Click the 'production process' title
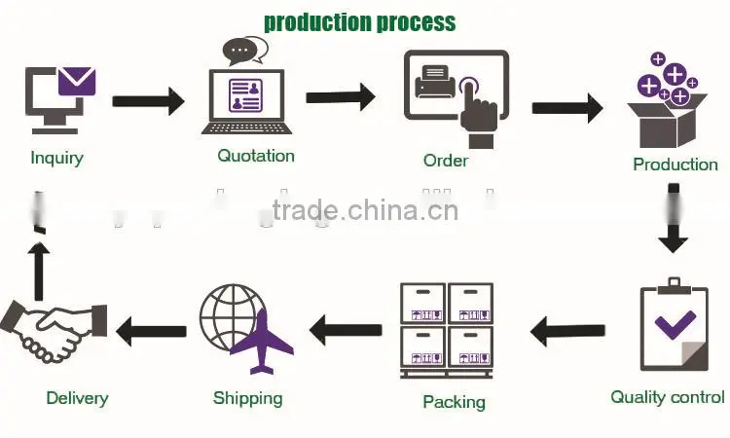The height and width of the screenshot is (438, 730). (x=359, y=22)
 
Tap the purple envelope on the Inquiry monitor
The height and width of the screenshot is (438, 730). (x=77, y=82)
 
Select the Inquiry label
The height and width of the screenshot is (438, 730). (x=56, y=159)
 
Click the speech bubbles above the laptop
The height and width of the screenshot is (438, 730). (x=245, y=51)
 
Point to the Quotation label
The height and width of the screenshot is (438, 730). (x=256, y=156)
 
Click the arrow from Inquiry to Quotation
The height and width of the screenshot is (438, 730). (x=149, y=101)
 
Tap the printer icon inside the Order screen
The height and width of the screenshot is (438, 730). (x=435, y=82)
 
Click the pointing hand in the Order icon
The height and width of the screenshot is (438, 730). (x=478, y=112)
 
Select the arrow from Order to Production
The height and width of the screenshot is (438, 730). (x=567, y=108)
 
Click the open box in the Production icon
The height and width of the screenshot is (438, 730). (x=667, y=121)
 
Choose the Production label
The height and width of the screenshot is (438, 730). (x=675, y=164)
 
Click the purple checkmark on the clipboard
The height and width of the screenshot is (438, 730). (x=675, y=325)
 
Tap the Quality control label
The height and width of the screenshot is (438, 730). (x=668, y=397)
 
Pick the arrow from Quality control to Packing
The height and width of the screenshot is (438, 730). (x=567, y=331)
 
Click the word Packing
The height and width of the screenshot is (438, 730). (x=454, y=402)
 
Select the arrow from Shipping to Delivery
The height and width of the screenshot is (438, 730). (x=151, y=331)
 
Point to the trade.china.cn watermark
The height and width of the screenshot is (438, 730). (x=365, y=210)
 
